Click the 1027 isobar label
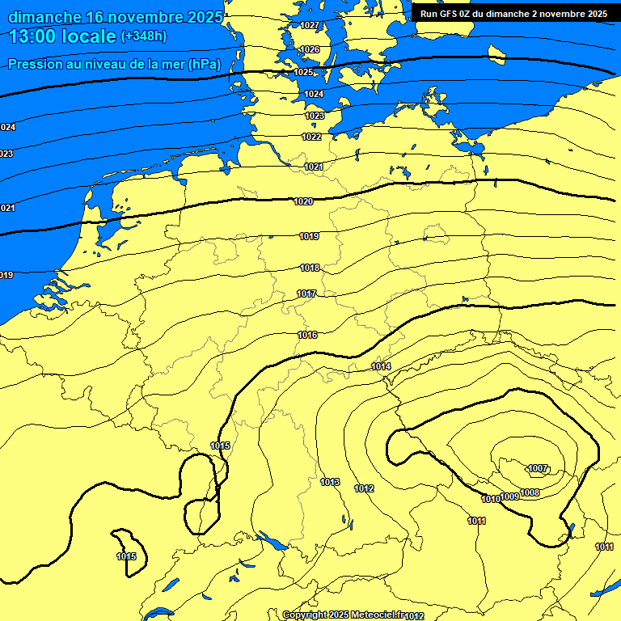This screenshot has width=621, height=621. click(x=309, y=25)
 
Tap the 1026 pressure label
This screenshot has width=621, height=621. click(x=309, y=49)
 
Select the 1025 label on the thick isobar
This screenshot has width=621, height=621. click(x=303, y=72)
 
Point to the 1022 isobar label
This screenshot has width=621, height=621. click(x=311, y=137)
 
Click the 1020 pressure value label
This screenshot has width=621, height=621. click(x=303, y=201)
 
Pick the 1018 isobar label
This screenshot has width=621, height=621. click(x=310, y=268)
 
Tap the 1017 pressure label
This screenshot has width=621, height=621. click(x=306, y=294)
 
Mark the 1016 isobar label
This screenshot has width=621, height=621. click(x=307, y=335)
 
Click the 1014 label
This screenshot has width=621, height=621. click(x=382, y=366)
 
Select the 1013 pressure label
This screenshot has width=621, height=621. click(x=330, y=482)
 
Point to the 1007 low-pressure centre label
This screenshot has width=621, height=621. click(x=539, y=468)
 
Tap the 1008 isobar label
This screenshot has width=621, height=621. click(x=530, y=492)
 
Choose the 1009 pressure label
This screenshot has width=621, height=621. click(x=510, y=496)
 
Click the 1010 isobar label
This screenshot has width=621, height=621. click(x=491, y=499)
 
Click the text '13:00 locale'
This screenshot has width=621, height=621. click(x=63, y=36)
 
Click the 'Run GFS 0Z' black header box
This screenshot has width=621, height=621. click(x=514, y=14)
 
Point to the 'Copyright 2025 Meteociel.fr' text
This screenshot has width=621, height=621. click(x=343, y=615)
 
